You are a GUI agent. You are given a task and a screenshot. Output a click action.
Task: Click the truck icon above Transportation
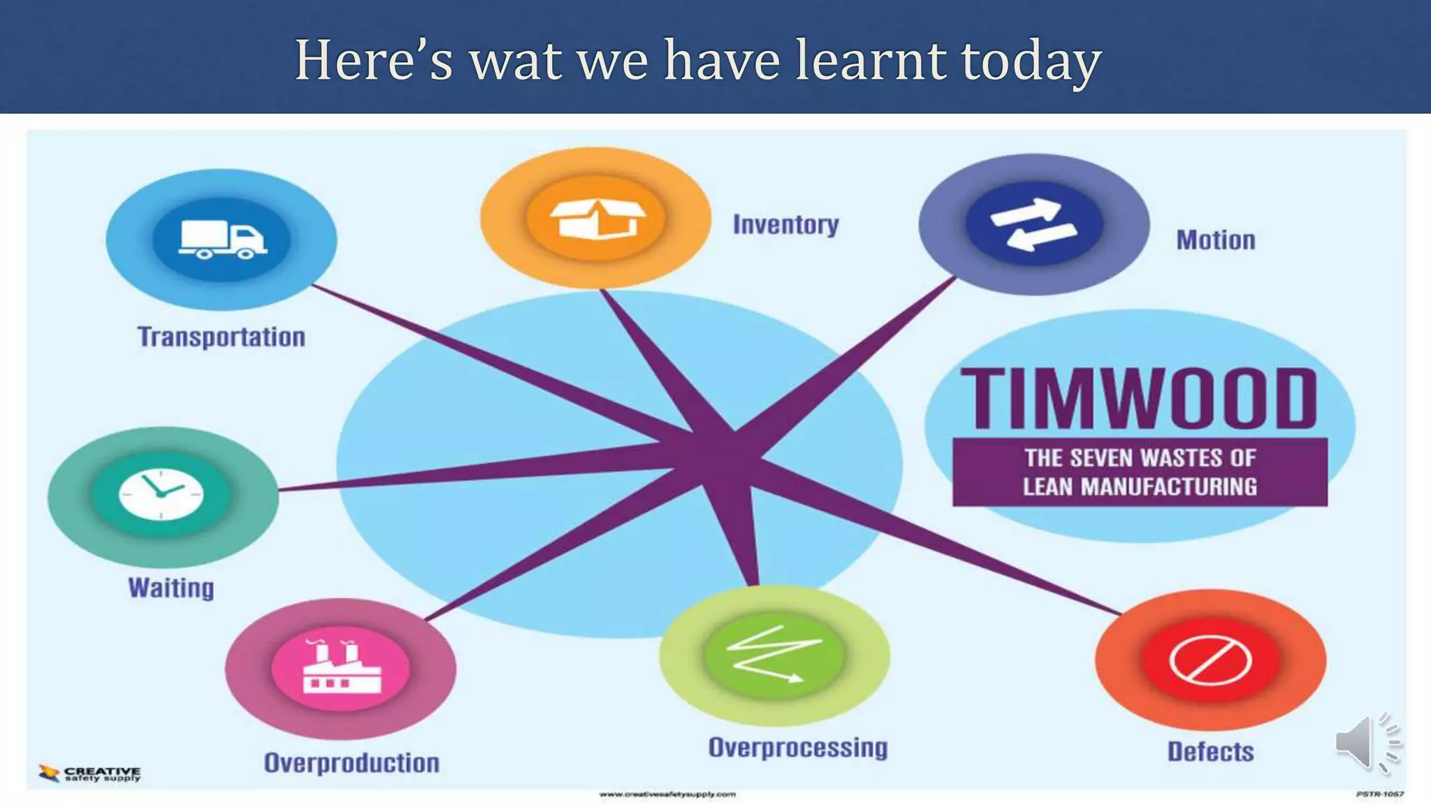pos(222,240)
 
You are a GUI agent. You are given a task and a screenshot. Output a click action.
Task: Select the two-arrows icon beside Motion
pos(1034,224)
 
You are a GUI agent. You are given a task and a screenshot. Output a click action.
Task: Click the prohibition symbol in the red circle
pos(1210,660)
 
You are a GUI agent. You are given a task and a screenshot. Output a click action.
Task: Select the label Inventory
pos(785,225)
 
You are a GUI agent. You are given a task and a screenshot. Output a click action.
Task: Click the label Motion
pos(1216,240)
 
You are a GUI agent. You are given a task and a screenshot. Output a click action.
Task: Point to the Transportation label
pos(221,337)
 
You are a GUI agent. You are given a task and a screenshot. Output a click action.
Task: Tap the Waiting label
pos(171,588)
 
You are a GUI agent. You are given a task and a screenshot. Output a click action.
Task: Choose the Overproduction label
pos(351,762)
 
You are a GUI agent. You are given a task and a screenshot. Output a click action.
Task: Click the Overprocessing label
pos(798,748)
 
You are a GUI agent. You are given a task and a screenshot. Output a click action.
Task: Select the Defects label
pos(1210,752)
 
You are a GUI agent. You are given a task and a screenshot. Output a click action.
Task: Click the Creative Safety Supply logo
pos(89,773)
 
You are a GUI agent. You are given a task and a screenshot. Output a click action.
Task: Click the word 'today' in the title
pos(1031,61)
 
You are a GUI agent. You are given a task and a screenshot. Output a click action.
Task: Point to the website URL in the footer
pos(667,795)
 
